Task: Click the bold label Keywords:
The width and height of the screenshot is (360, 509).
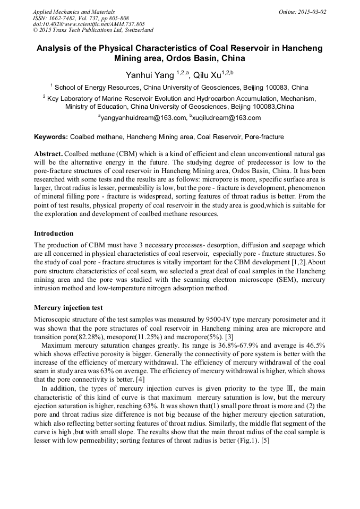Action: pyautogui.click(x=50, y=137)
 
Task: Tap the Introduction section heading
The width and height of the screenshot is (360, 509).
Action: pyautogui.click(x=54, y=234)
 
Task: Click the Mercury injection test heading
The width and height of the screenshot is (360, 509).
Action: pyautogui.click(x=68, y=308)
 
